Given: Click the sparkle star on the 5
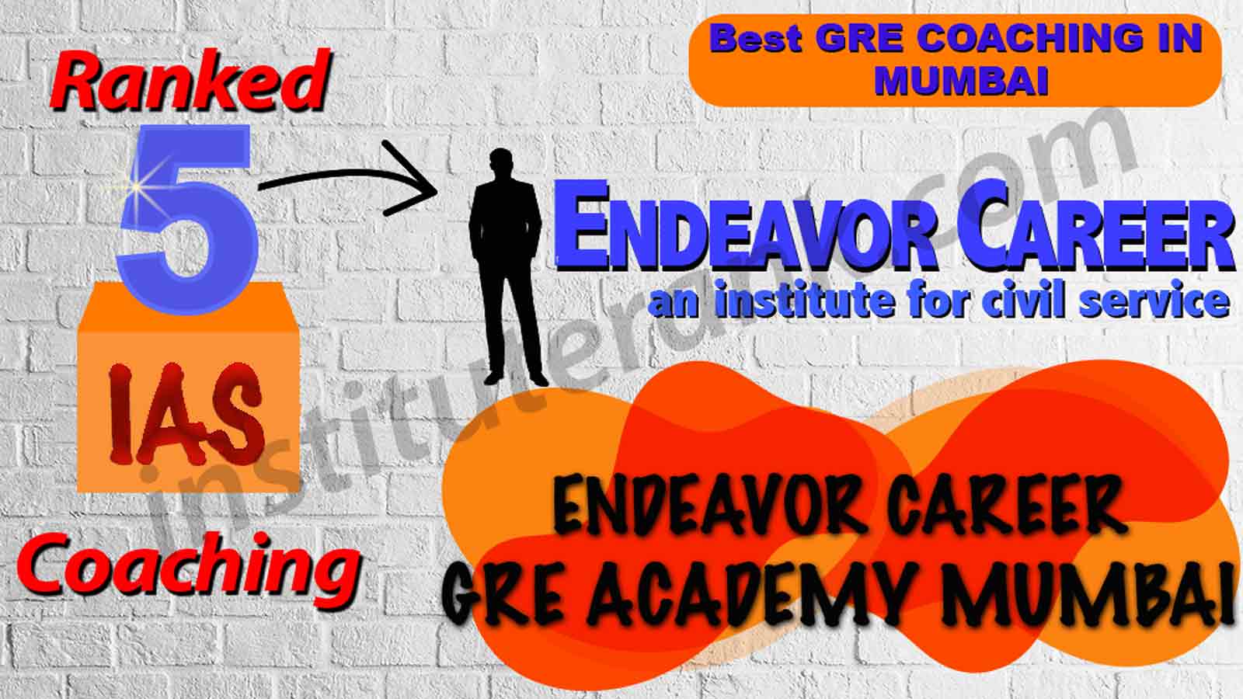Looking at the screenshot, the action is (135, 187).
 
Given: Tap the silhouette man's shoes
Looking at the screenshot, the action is (516, 379).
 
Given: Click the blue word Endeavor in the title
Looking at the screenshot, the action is (754, 232).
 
